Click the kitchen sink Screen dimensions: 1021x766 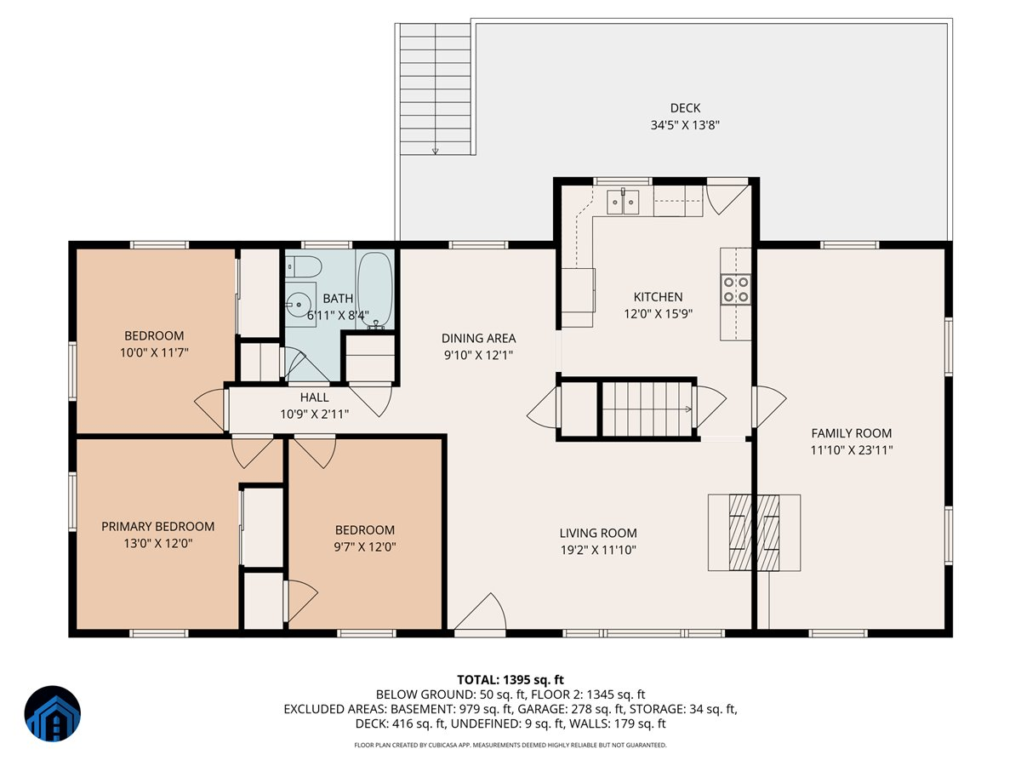tap(623, 202)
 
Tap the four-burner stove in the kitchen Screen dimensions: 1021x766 tap(736, 289)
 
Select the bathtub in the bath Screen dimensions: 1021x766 tap(375, 289)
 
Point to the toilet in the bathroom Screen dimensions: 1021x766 tap(303, 267)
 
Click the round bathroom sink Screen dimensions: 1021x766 tap(299, 305)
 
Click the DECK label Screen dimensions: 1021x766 tap(685, 108)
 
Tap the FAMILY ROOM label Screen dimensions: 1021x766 tap(851, 433)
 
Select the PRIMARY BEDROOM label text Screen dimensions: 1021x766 tap(157, 526)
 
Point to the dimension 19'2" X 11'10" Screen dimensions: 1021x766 tap(598, 550)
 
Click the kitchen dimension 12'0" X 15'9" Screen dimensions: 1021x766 tap(658, 313)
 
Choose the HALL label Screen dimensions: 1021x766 tap(314, 397)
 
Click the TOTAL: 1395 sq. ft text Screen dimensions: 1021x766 tap(510, 679)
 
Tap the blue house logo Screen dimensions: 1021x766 tap(53, 713)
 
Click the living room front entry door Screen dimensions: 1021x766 tap(480, 613)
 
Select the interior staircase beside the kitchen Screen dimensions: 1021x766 tap(647, 409)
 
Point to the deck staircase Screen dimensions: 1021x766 tap(435, 89)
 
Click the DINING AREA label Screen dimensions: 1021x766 tap(478, 338)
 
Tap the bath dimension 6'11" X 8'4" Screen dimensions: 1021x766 tap(338, 315)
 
